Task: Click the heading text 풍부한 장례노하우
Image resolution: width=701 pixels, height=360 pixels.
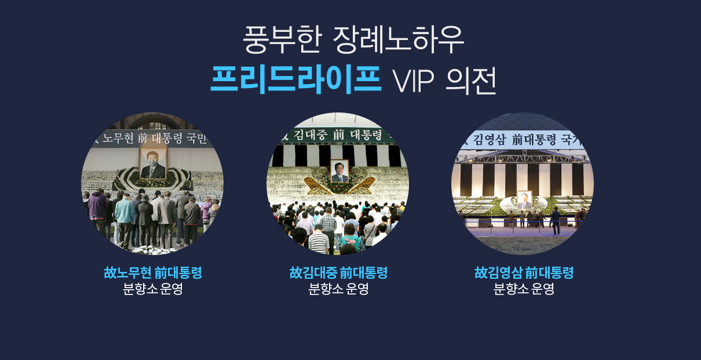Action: pos(353,40)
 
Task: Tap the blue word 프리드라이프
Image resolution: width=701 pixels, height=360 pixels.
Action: pos(296,79)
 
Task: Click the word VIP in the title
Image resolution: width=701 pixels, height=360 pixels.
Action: pos(414,81)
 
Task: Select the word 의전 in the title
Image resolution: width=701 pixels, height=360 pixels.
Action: pos(472,81)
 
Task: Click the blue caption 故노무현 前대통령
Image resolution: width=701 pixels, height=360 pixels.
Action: pos(153,272)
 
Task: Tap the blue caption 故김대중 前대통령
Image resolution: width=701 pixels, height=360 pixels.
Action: pos(338,272)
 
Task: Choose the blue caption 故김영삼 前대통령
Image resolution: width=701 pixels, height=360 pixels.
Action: pos(524,272)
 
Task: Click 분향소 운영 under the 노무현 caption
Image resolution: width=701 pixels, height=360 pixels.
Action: pos(153,289)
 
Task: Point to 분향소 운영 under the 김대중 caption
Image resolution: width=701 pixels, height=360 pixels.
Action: pos(338,289)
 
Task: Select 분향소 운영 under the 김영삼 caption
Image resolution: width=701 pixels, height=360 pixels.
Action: pos(524,289)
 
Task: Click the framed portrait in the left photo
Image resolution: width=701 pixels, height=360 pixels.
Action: pos(153,163)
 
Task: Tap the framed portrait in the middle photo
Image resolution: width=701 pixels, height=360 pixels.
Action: pos(339,171)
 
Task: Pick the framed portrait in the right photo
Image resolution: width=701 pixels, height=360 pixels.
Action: pos(524,200)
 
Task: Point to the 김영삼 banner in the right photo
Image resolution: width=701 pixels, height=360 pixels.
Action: pos(522,140)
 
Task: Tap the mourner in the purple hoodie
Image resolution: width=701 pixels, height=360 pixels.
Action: pos(97,210)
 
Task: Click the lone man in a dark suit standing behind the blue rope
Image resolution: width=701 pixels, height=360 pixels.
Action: pos(556,220)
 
